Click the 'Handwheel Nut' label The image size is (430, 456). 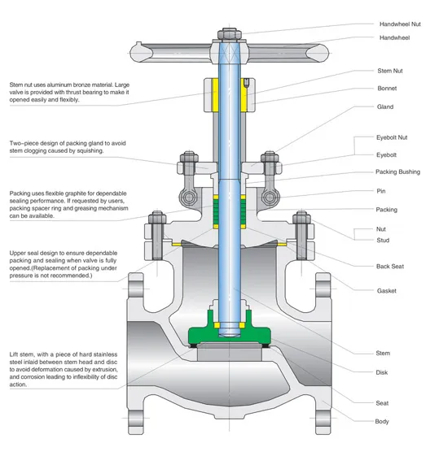point(395,24)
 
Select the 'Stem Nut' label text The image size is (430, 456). point(390,72)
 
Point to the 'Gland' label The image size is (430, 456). point(384,107)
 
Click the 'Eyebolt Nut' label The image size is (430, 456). point(392,139)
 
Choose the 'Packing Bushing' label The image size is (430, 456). point(397,172)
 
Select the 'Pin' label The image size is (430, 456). point(380,191)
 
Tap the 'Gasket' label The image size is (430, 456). point(386,291)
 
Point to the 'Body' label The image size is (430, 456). point(383,422)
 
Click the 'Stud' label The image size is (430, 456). point(383,241)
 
